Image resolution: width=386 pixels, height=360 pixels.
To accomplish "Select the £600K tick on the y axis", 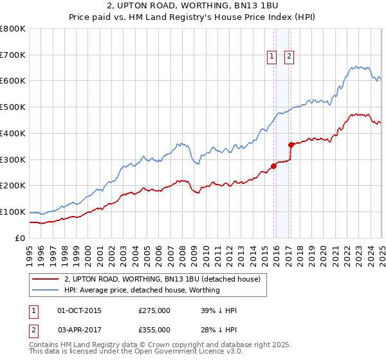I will [x=13, y=81].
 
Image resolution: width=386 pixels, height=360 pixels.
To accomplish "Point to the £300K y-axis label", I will [x=13, y=159].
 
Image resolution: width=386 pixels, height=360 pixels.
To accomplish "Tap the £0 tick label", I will [x=19, y=238].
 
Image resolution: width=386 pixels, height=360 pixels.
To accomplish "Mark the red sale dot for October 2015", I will [x=273, y=166].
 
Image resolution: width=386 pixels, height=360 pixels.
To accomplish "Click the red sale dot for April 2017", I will [x=291, y=145].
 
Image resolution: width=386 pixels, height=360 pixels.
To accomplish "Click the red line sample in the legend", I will [x=45, y=279].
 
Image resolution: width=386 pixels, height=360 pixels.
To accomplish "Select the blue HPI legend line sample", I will [x=45, y=290].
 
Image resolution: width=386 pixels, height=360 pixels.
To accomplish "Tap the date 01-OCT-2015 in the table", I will [x=79, y=310].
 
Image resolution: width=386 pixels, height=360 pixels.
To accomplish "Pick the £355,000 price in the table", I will [x=154, y=329].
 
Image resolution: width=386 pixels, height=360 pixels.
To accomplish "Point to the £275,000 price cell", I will [x=154, y=310].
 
